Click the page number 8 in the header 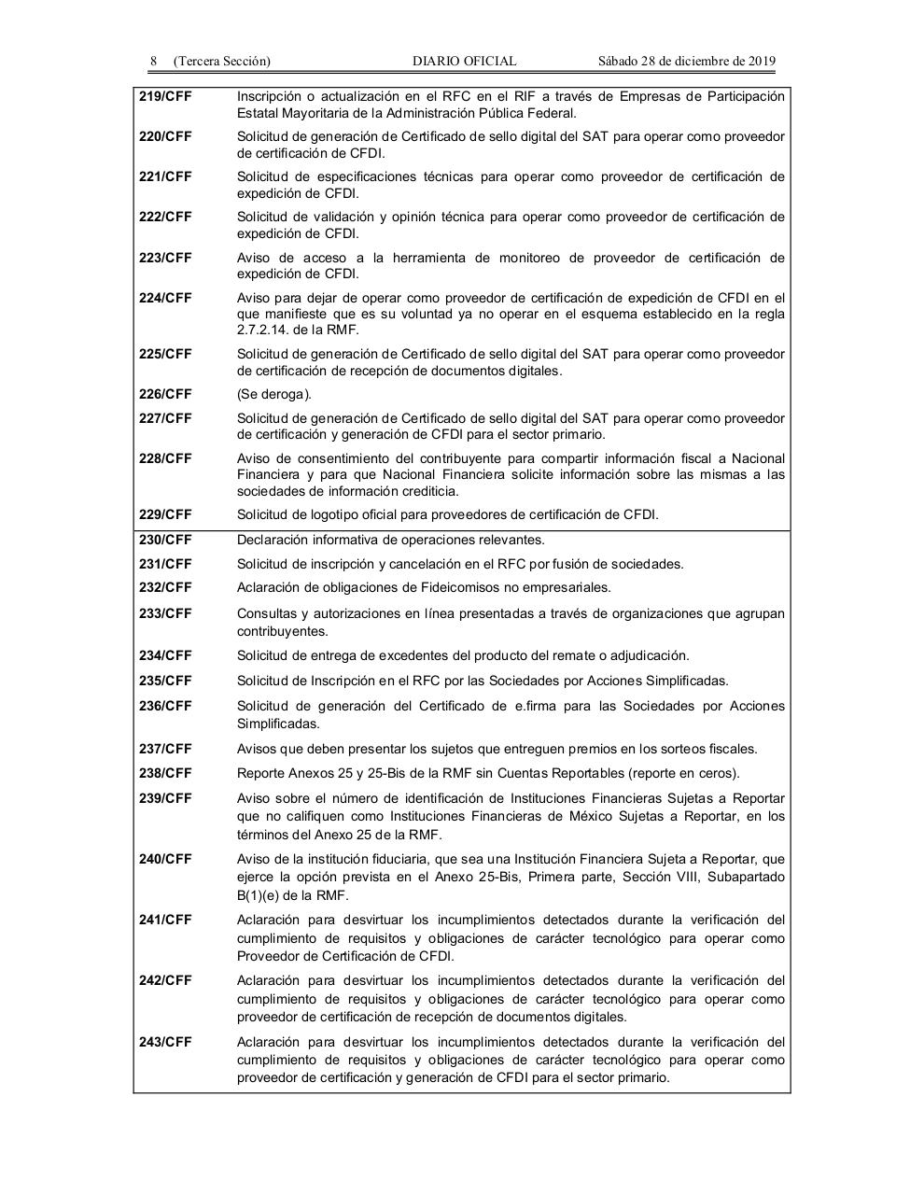pos(153,62)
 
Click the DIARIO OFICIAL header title pos(464,62)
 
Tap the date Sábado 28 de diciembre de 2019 pos(686,62)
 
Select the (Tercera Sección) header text pos(222,62)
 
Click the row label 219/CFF pos(165,96)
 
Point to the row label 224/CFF pos(165,298)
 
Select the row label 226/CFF pos(165,394)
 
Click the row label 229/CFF pos(165,514)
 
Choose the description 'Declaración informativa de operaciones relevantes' pos(390,540)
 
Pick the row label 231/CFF pos(165,564)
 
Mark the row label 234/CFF pos(165,655)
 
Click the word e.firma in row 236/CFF pos(536,706)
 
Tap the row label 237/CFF pos(165,749)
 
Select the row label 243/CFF pos(165,1042)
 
